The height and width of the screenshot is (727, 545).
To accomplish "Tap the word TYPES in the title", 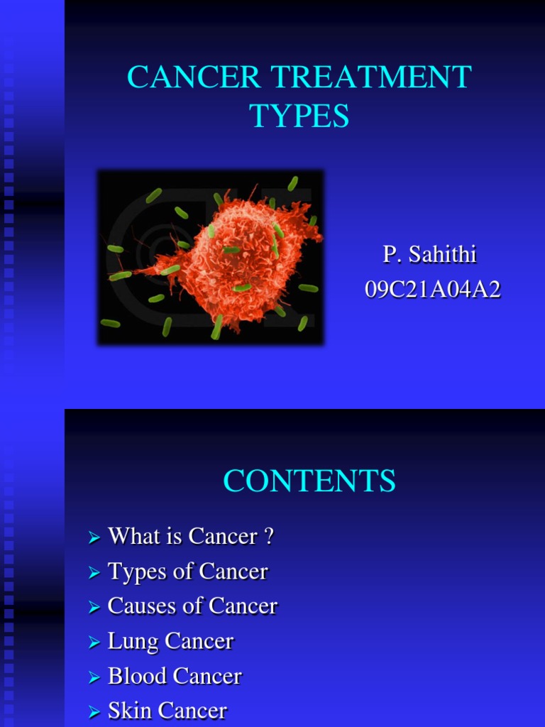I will pyautogui.click(x=299, y=116).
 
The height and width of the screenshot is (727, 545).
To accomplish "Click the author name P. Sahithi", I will pyautogui.click(x=429, y=254).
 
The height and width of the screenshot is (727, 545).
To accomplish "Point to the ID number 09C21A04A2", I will pyautogui.click(x=433, y=290).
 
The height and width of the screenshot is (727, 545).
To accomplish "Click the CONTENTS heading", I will pyautogui.click(x=309, y=481).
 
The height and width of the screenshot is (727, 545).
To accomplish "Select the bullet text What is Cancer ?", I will pyautogui.click(x=190, y=536).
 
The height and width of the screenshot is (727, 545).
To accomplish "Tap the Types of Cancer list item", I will pyautogui.click(x=187, y=571).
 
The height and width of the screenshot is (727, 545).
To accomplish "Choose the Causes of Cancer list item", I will pyautogui.click(x=192, y=606).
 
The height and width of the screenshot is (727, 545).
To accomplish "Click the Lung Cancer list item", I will pyautogui.click(x=170, y=641).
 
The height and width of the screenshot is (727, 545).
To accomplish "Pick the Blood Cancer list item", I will pyautogui.click(x=175, y=676).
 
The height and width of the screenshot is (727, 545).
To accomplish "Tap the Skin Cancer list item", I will pyautogui.click(x=167, y=711).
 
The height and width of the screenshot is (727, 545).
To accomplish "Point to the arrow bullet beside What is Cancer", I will pyautogui.click(x=94, y=539).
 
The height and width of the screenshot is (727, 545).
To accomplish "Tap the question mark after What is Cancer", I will pyautogui.click(x=268, y=536).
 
